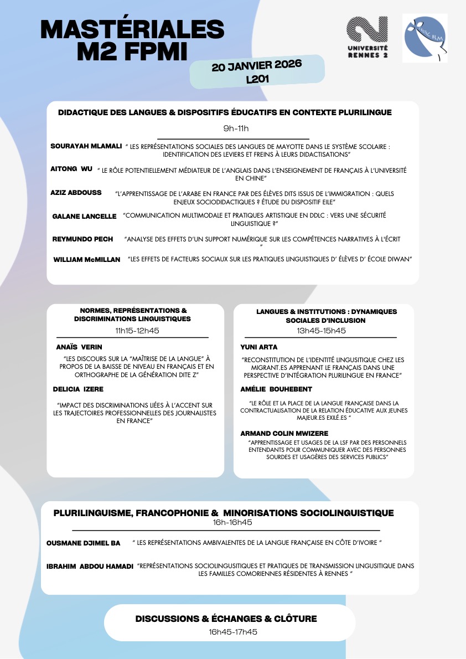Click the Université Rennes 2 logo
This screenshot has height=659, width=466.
[367, 38]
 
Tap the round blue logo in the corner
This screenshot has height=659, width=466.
[425, 38]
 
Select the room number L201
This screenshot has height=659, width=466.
[257, 79]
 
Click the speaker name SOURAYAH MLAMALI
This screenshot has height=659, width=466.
[86, 146]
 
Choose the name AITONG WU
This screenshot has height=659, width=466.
[71, 168]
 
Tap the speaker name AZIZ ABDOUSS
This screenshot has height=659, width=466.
[76, 193]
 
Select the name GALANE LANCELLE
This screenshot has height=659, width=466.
[84, 216]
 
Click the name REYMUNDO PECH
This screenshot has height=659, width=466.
[82, 239]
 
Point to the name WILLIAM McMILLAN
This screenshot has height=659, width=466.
[87, 259]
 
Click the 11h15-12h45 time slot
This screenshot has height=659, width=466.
[133, 331]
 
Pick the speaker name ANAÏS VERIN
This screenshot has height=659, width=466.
[79, 347]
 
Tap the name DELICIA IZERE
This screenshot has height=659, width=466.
[78, 389]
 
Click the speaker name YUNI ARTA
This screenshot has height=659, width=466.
[259, 347]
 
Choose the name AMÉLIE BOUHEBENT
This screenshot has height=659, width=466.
[276, 389]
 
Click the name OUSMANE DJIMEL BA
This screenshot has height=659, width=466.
[83, 543]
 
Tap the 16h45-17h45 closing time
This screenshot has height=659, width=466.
[233, 632]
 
